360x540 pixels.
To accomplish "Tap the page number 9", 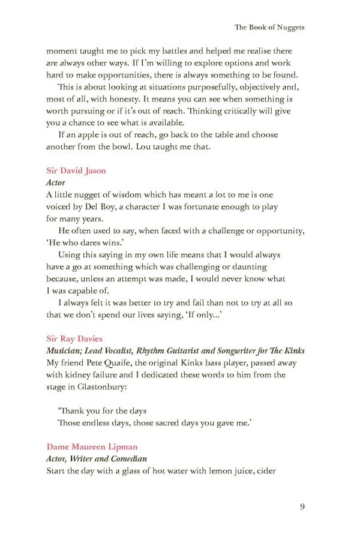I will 304,507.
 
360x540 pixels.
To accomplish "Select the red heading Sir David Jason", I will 76,170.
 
